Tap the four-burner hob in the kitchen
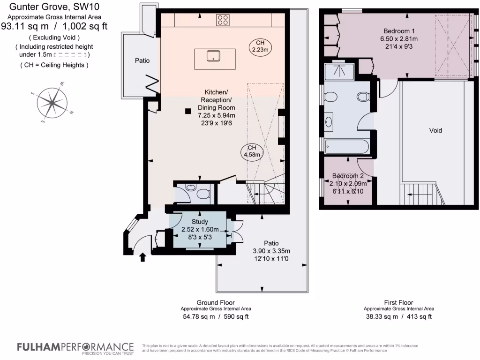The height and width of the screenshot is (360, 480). click(223, 20)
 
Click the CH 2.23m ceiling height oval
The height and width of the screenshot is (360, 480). click(260, 46)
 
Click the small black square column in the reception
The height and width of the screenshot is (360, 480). click(187, 111)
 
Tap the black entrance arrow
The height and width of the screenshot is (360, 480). click(143, 256)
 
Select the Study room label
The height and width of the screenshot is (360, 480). click(200, 222)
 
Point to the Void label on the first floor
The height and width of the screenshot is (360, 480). click(435, 130)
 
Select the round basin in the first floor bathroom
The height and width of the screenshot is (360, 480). click(329, 122)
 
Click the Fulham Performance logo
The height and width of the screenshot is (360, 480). click(75, 347)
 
